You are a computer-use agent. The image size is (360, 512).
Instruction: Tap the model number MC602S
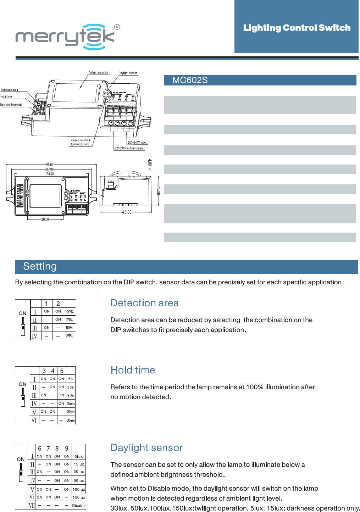click(190, 80)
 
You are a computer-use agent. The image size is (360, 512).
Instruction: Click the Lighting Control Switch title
click(297, 28)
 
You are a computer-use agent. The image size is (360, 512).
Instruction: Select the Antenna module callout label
click(98, 72)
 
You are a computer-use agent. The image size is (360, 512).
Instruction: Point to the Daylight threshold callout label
click(11, 105)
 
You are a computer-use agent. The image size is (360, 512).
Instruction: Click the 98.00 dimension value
click(50, 165)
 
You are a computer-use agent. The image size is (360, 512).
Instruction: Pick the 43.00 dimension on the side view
click(127, 212)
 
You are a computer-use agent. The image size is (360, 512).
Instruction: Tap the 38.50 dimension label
click(45, 219)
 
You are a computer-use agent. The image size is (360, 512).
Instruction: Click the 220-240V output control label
click(129, 148)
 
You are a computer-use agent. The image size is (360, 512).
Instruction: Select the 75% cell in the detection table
click(69, 320)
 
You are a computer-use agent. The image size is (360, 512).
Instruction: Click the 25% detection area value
click(70, 336)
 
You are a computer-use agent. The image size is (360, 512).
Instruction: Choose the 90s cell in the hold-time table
click(71, 395)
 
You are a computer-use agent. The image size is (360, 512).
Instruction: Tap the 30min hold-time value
click(71, 420)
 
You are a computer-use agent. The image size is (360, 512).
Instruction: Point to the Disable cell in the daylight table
click(78, 506)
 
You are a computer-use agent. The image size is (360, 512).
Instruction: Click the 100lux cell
click(78, 489)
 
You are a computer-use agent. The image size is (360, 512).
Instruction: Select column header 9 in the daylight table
click(67, 449)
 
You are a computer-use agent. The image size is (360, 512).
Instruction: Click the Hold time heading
click(133, 370)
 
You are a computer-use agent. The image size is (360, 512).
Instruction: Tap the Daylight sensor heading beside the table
click(146, 448)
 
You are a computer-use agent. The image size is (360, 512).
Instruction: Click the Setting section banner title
click(40, 266)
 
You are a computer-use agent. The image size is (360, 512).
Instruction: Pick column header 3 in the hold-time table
click(44, 371)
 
